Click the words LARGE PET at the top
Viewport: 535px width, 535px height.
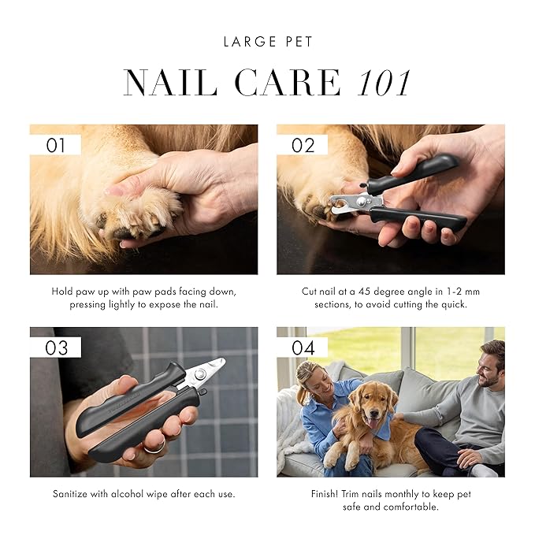[x=268, y=42]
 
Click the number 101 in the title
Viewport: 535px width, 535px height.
[x=384, y=83]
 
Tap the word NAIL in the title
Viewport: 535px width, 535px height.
[x=171, y=83]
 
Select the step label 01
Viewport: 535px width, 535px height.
[x=56, y=145]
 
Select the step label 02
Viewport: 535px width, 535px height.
[x=303, y=145]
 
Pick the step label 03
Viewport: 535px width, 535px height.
[x=56, y=347]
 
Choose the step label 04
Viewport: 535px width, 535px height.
[x=303, y=347]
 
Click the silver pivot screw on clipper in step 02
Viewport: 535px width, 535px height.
[x=360, y=202]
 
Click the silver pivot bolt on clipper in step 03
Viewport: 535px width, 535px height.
[x=199, y=374]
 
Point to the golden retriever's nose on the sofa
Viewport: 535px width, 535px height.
[x=374, y=414]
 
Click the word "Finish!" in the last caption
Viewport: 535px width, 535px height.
[x=325, y=494]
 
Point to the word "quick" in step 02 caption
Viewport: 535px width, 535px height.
[x=454, y=304]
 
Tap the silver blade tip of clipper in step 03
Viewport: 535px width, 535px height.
[x=222, y=361]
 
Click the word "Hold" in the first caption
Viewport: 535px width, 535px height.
[x=62, y=292]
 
